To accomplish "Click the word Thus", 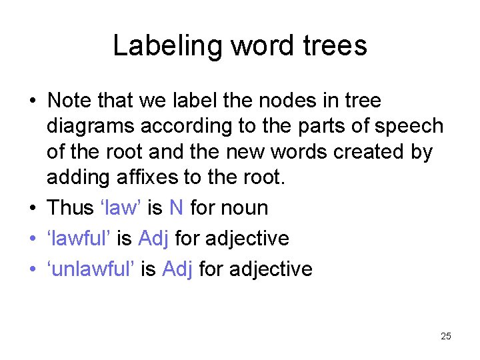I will [x=69, y=207].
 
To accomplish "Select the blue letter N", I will [x=176, y=207].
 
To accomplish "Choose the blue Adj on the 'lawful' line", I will [x=154, y=238].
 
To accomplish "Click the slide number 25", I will [x=446, y=336].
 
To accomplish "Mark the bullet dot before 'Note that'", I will [x=31, y=102].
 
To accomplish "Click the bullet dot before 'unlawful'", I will [x=31, y=270].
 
